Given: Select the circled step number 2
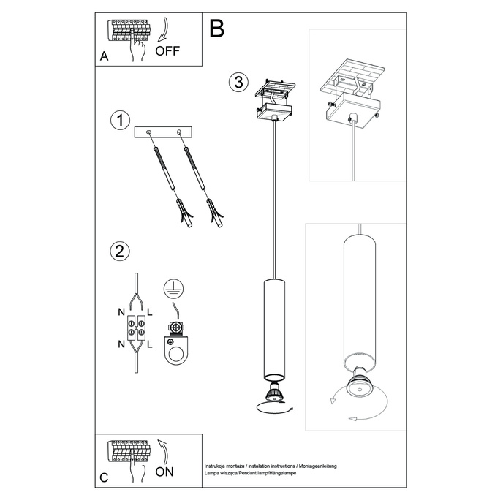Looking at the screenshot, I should click(118, 252).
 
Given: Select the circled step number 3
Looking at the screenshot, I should click(235, 82).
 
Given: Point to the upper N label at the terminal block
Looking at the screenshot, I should click(121, 312).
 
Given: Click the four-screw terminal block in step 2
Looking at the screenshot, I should click(136, 328).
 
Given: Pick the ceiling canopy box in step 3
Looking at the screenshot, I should click(273, 111).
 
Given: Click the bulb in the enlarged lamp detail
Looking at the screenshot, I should click(360, 387).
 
